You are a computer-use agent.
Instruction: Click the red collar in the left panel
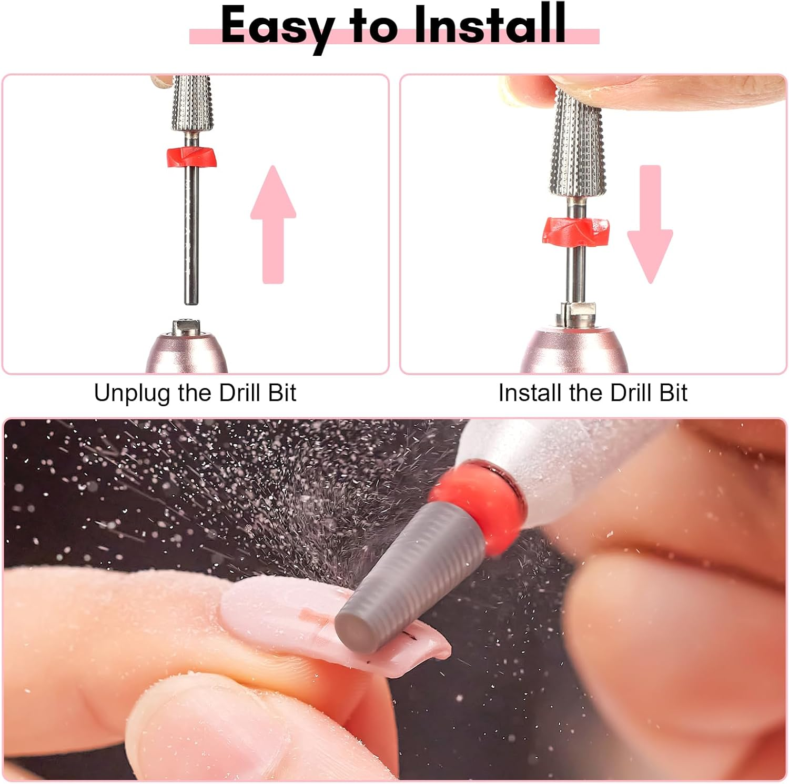[x=191, y=157]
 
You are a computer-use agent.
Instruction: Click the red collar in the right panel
[x=576, y=231]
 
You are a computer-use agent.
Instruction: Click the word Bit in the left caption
[x=282, y=393]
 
